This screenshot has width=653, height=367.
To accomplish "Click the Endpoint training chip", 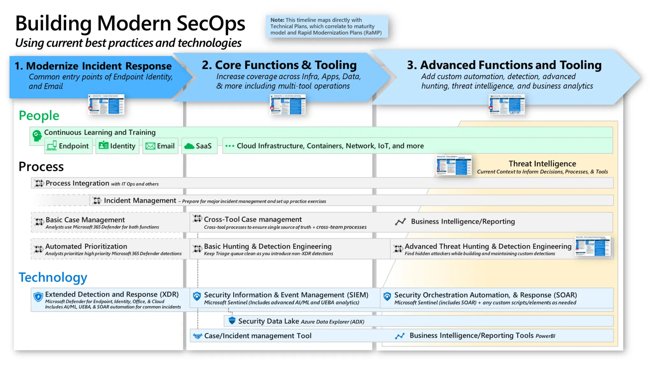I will [x=68, y=146].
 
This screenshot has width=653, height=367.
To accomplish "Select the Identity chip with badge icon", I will [x=117, y=146].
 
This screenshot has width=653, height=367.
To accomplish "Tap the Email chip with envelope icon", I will [x=160, y=146].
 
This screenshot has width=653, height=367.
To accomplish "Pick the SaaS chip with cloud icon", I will [x=199, y=146].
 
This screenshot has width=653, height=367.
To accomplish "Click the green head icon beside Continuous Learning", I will [x=37, y=135].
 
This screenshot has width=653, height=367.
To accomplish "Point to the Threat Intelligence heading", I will [x=542, y=164].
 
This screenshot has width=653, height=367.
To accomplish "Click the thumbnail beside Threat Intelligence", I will [x=453, y=165].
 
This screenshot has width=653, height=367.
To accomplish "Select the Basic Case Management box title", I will [x=85, y=220].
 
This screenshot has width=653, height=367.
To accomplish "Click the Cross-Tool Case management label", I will [x=253, y=219].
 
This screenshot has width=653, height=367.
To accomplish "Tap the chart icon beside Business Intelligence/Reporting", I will [x=400, y=222].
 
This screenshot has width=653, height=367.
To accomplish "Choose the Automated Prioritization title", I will [x=86, y=246].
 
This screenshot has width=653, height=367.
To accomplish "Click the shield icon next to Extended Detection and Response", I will [x=38, y=297].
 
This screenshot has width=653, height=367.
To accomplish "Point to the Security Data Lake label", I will [x=268, y=321].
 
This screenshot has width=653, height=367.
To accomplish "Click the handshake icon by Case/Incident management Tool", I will [x=197, y=336].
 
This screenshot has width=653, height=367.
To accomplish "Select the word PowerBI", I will [x=545, y=336].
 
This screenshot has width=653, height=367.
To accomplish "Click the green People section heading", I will [x=39, y=116].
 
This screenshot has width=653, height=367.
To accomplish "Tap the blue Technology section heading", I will [x=53, y=277].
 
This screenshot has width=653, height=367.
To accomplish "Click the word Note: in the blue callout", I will [x=277, y=20].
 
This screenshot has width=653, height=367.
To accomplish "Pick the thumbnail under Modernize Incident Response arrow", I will [x=106, y=104].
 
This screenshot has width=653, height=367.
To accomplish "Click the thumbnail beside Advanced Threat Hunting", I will [x=592, y=246].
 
